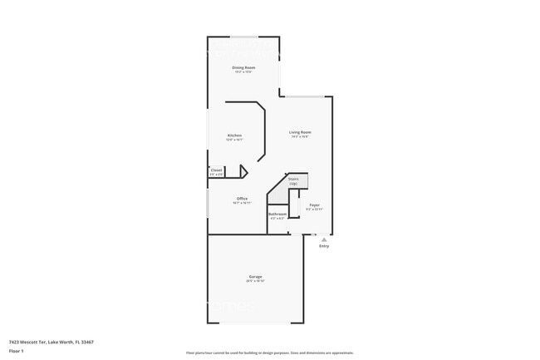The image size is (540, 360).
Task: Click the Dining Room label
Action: coord(243,67)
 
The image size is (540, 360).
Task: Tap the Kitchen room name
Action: coord(235,136)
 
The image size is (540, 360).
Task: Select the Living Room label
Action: coord(300,132)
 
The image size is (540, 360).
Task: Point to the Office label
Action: coord(242,198)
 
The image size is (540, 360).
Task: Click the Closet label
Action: coord(216,170)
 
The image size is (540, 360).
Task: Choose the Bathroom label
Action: coord(277,214)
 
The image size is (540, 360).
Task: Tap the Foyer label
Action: coord(315,205)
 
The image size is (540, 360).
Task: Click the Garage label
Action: coord(255,276)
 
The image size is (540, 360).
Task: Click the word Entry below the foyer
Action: coord(324,246)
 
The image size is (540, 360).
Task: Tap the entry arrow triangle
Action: coord(324,239)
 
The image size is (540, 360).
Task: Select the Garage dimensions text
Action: coord(255,281)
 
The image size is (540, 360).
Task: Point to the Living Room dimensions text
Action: coord(300,136)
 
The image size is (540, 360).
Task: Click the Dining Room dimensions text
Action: coord(243,72)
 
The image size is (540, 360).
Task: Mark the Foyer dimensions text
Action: coord(315,209)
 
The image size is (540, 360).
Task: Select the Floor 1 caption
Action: coord(17,352)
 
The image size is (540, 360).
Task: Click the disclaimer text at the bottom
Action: coord(270,353)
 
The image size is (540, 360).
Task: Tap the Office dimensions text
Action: coord(242,203)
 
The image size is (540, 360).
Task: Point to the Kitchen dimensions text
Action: coord(235,140)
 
